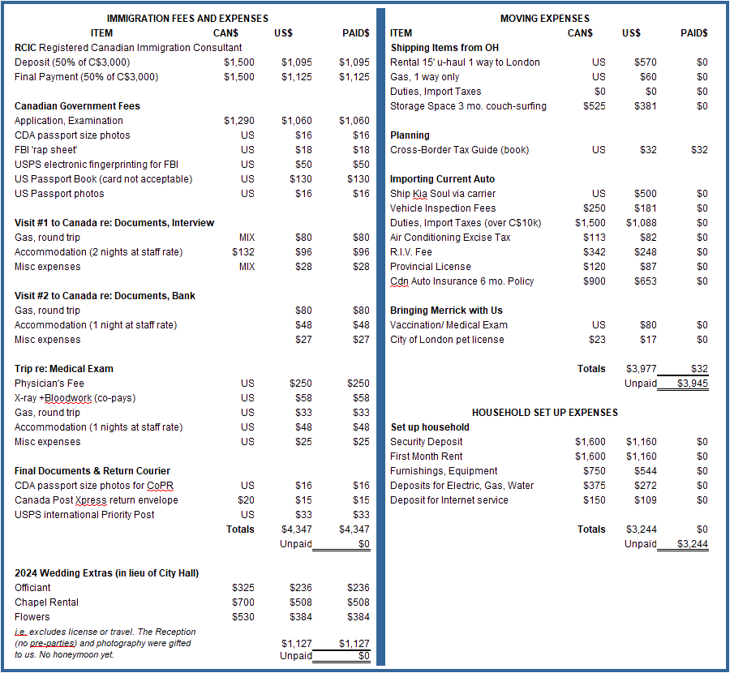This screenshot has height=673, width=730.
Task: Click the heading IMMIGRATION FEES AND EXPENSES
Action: pos(187,18)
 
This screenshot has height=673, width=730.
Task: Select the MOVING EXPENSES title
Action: pos(544,18)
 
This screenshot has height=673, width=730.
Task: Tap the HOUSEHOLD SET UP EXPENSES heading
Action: pos(544,413)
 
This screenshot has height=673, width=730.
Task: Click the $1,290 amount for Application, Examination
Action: pos(238,121)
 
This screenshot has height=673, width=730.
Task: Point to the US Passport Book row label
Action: pos(103,179)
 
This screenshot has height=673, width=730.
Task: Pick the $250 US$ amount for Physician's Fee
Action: pos(302,384)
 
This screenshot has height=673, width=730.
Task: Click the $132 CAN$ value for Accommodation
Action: pos(243,252)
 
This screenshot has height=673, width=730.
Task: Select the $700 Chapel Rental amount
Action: pos(243,602)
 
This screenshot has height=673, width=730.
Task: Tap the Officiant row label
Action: pos(32,588)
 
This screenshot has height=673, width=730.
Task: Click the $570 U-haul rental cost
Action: pos(645,62)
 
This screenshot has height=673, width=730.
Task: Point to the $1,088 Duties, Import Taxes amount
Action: pos(641,223)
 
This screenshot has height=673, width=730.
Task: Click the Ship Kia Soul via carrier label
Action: pos(442,194)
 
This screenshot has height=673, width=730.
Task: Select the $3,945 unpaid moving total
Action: pos(692,384)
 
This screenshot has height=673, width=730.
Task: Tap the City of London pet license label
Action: pos(447,340)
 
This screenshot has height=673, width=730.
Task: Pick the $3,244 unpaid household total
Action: pos(692,544)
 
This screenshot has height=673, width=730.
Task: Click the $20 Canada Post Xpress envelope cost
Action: pos(245,500)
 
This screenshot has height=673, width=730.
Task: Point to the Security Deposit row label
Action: pos(427,442)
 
